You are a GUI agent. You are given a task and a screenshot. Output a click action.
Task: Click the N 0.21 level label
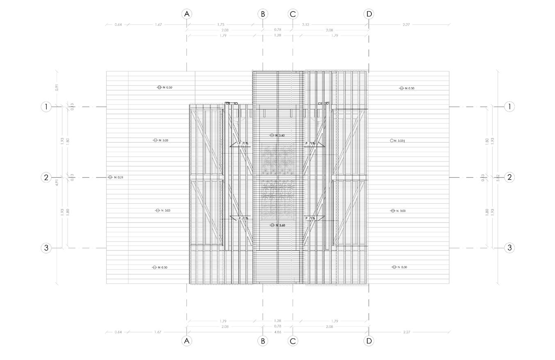pyautogui.click(x=118, y=178)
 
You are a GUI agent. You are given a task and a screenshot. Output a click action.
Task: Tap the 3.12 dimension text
pyautogui.click(x=305, y=25)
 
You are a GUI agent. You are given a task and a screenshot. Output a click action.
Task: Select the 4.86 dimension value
pyautogui.click(x=277, y=332)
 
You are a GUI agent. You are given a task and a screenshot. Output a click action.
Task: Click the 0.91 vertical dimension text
pyautogui.click(x=57, y=87)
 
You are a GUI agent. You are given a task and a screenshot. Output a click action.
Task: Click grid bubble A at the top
pyautogui.click(x=187, y=14)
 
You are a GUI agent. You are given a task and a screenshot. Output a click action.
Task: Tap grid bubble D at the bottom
pyautogui.click(x=369, y=341)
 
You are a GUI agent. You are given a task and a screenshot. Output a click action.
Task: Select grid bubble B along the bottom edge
pyautogui.click(x=263, y=341)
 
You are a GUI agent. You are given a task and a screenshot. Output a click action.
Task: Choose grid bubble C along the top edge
pyautogui.click(x=293, y=14)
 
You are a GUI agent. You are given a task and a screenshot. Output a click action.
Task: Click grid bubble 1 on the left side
pyautogui.click(x=46, y=107)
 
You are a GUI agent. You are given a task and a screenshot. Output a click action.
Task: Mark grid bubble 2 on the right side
pyautogui.click(x=510, y=177)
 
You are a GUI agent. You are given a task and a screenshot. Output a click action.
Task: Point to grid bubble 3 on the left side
pyautogui.click(x=46, y=248)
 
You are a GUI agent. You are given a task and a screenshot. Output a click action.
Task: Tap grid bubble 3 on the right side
pyautogui.click(x=510, y=248)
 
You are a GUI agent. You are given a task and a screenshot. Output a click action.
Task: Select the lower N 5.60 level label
pyautogui.click(x=280, y=226)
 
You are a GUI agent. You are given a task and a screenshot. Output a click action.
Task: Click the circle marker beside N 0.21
pyautogui.click(x=110, y=177)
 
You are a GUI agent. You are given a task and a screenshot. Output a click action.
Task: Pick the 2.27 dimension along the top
pyautogui.click(x=406, y=25)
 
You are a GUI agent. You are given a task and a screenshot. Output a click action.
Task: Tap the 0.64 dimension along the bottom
pyautogui.click(x=118, y=332)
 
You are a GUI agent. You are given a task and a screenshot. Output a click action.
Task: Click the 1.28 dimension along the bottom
pyautogui.click(x=277, y=321)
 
